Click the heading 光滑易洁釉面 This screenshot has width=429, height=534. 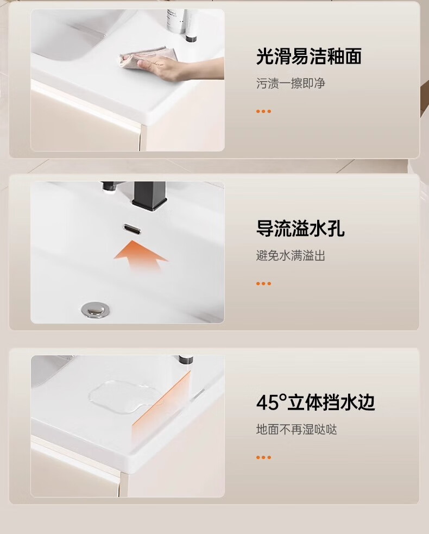pyautogui.click(x=309, y=56)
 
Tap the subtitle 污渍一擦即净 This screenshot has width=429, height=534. pyautogui.click(x=291, y=83)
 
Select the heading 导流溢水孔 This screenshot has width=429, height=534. pyautogui.click(x=300, y=228)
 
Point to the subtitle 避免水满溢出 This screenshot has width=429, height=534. pyautogui.click(x=291, y=255)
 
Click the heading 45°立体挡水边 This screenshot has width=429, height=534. pyautogui.click(x=316, y=402)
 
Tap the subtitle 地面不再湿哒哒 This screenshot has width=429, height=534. pyautogui.click(x=296, y=430)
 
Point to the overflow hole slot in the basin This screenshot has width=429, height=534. pyautogui.click(x=132, y=229)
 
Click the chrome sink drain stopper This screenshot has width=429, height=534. pyautogui.click(x=93, y=310)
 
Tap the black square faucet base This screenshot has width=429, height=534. pyautogui.click(x=149, y=196)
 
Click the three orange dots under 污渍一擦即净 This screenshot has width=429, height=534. pyautogui.click(x=263, y=111)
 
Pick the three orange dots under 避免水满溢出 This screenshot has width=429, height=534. pyautogui.click(x=263, y=284)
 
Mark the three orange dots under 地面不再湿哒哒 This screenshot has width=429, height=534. pyautogui.click(x=263, y=457)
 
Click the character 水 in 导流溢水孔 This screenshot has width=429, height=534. pyautogui.click(x=318, y=228)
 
